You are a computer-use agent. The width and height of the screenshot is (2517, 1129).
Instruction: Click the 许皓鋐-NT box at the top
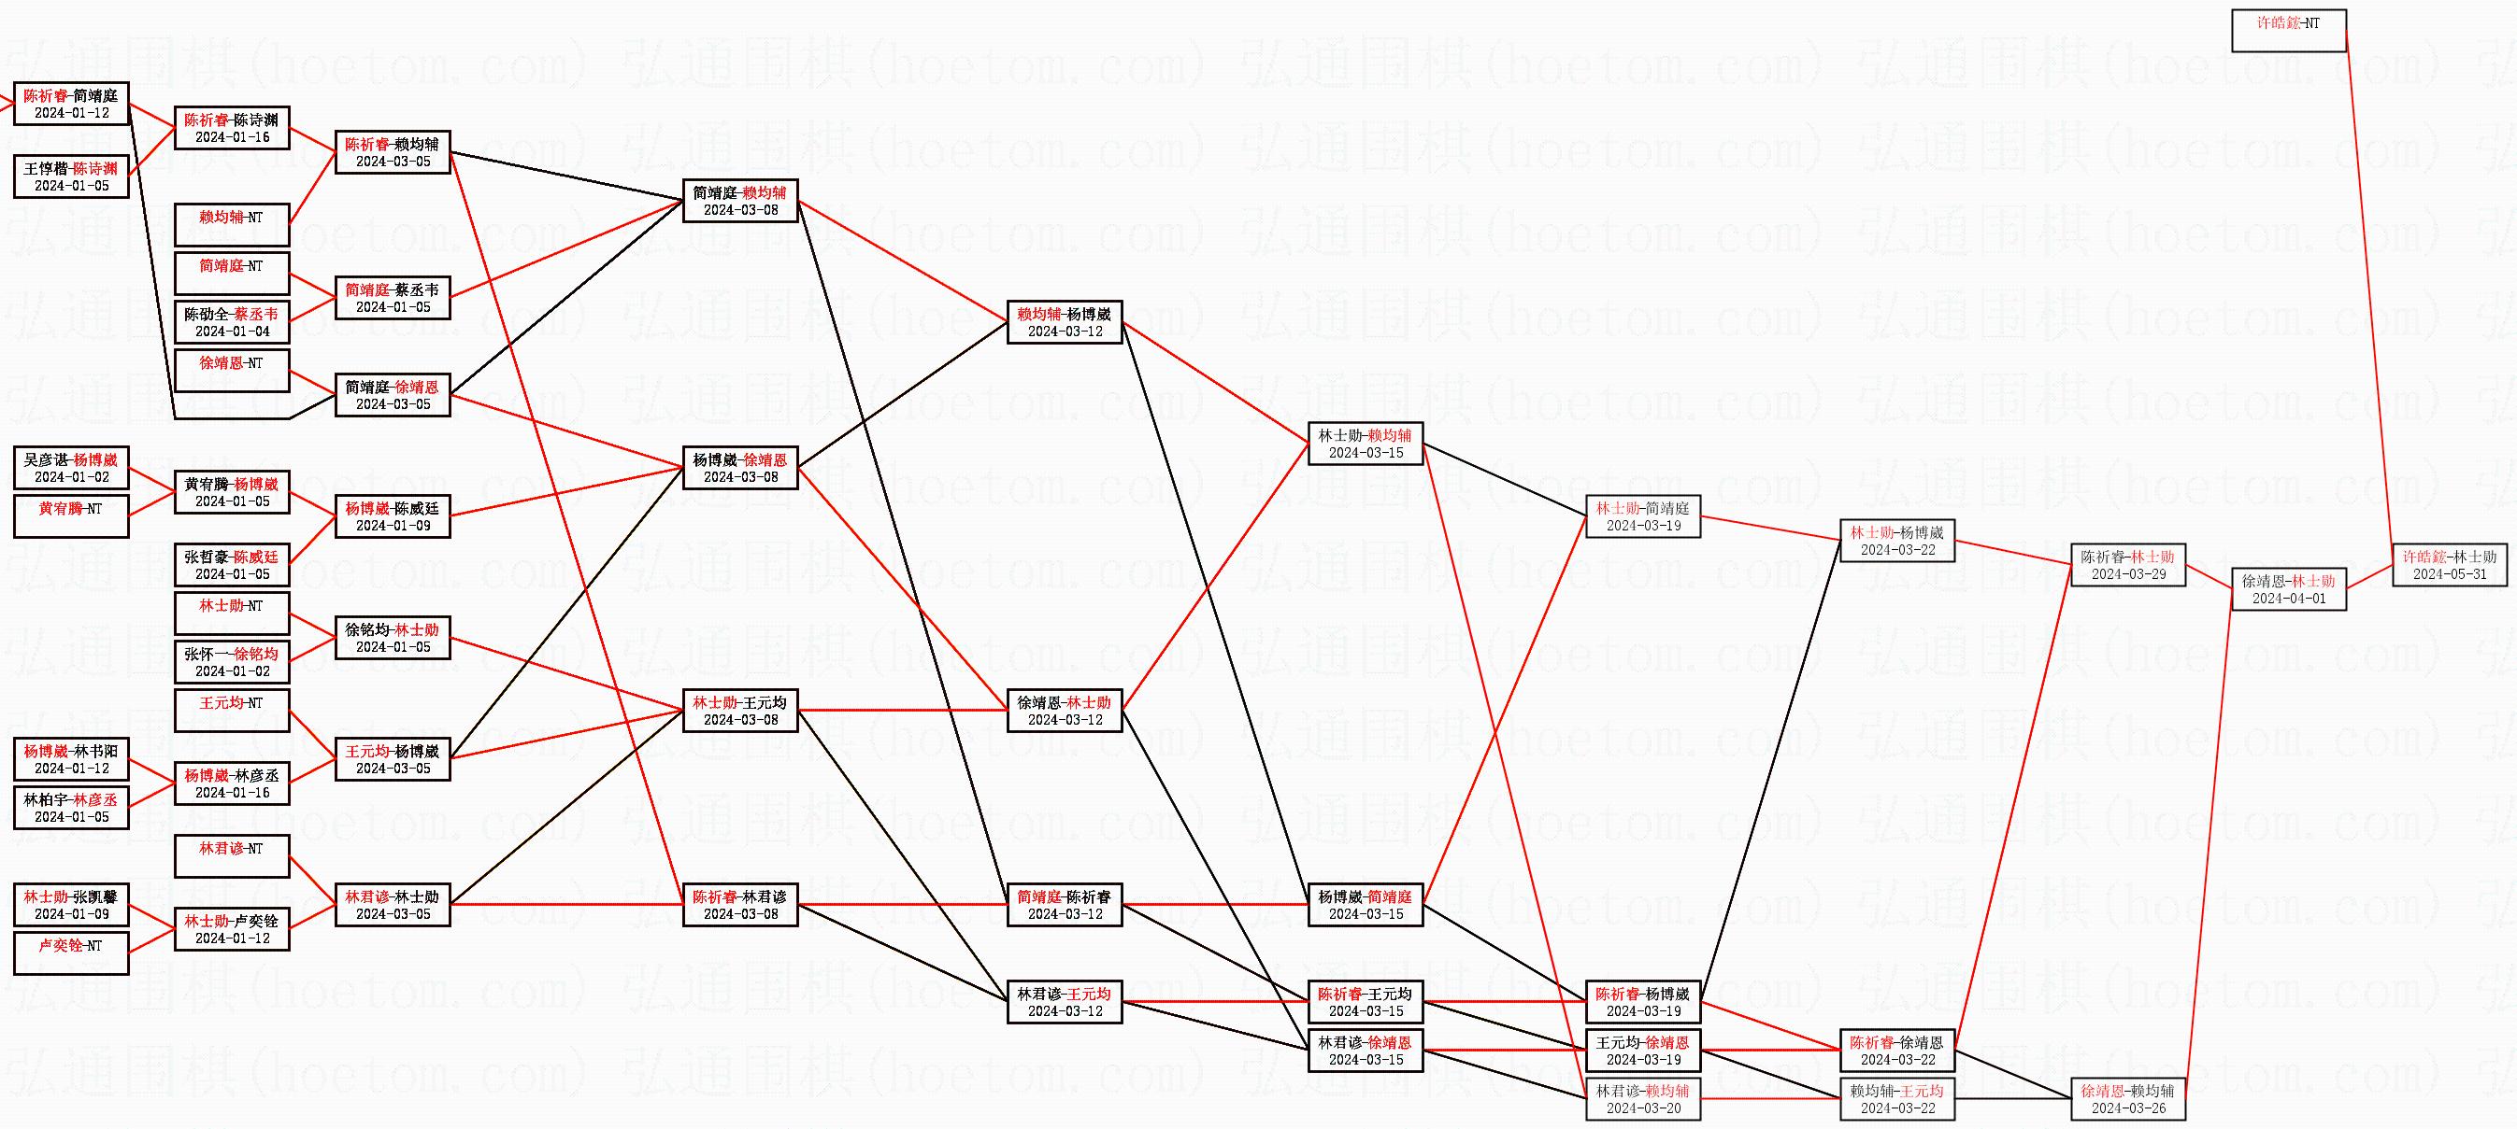pos(2288,30)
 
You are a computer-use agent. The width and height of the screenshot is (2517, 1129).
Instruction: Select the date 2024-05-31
pos(2450,574)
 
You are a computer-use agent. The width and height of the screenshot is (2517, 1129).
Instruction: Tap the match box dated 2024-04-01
pos(2288,590)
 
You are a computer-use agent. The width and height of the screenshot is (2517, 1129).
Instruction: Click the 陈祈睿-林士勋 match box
pos(2128,566)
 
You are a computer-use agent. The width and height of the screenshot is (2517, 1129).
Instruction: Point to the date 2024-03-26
pos(2128,1108)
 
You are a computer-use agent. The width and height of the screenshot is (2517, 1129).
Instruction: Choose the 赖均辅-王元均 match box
pos(1896,1100)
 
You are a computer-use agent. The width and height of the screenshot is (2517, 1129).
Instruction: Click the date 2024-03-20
pos(1643,1108)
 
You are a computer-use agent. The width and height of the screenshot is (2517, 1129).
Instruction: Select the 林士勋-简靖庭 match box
pos(1643,516)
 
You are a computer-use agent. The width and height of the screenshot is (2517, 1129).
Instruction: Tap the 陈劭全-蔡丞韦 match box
pos(232,322)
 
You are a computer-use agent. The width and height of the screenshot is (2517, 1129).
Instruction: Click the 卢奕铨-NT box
pos(70,953)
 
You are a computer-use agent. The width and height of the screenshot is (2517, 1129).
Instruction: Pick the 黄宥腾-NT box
pos(70,516)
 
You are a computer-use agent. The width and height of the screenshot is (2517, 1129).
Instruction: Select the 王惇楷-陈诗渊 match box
pos(70,176)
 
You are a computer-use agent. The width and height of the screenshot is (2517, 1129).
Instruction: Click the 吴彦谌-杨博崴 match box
pos(70,468)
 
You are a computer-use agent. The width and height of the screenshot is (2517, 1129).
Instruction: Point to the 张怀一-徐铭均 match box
pos(232,662)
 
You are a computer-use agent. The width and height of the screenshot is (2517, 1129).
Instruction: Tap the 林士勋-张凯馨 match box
pos(70,904)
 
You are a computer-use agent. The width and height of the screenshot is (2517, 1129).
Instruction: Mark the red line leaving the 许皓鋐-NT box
pos(2368,293)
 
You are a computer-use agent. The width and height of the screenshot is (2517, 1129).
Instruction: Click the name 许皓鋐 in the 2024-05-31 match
pos(2424,557)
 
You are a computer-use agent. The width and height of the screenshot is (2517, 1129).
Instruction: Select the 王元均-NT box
pos(232,711)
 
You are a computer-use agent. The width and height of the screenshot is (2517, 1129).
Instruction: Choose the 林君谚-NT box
pos(232,856)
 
